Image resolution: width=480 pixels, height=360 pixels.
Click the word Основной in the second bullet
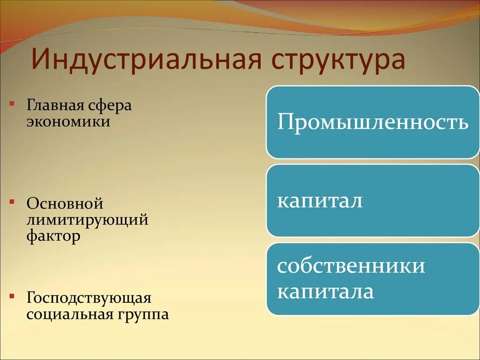[65, 204]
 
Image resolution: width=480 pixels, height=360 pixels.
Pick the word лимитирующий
[87, 220]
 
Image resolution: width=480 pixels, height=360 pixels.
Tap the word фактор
[53, 236]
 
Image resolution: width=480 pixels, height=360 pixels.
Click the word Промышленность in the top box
[373, 122]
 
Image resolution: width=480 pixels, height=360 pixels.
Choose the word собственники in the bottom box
[351, 266]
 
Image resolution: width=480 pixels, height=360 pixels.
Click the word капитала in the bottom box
[325, 292]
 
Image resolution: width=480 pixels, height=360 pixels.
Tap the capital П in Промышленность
[285, 122]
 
